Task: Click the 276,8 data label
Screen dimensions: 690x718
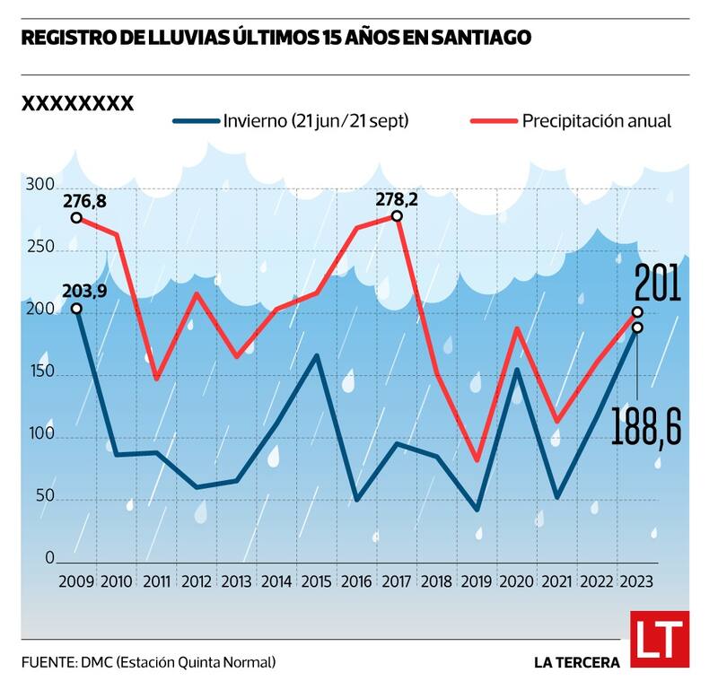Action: [84, 201]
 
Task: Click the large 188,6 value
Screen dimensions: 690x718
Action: [647, 423]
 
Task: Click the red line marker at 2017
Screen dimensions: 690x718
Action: [397, 216]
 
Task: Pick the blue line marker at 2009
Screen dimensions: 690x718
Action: [76, 309]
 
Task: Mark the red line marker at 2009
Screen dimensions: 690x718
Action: [76, 217]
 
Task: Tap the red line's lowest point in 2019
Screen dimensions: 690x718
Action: [477, 460]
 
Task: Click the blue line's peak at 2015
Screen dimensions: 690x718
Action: [317, 356]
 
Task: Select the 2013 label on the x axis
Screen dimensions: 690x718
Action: [236, 581]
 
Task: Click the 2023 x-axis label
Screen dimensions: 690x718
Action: [636, 581]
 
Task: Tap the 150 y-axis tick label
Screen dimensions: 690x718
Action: [39, 373]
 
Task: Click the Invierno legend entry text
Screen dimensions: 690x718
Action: [317, 120]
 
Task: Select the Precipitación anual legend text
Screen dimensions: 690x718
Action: [597, 120]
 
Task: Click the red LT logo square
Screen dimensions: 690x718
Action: [660, 639]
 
